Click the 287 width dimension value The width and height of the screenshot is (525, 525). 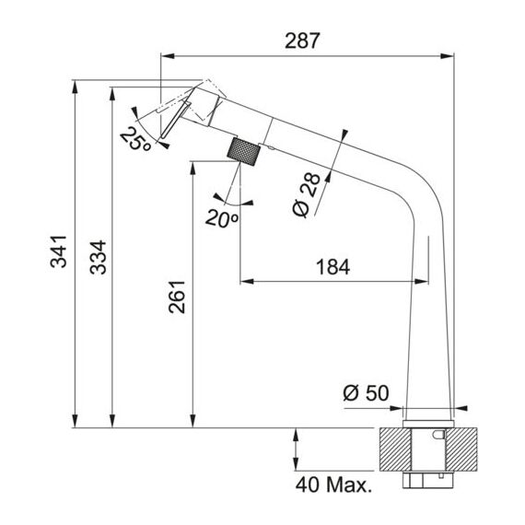(302, 41)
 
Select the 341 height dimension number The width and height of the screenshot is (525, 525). (59, 251)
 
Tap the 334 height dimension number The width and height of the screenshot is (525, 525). (99, 257)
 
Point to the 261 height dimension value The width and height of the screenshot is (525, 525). (177, 297)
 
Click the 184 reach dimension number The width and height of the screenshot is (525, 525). (332, 267)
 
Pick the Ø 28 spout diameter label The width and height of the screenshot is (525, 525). (307, 195)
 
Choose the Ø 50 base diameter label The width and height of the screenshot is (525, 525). (366, 392)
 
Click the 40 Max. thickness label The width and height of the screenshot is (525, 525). (333, 484)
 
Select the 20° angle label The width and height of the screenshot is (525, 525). (222, 218)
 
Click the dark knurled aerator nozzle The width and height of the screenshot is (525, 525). (244, 151)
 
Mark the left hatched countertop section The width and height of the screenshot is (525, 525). (395, 449)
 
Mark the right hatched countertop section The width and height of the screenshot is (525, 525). (462, 449)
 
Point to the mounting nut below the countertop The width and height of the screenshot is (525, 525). (428, 479)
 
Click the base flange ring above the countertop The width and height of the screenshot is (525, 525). (428, 424)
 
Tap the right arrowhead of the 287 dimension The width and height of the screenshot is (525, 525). (447, 56)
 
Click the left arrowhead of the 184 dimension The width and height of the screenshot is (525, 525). (247, 281)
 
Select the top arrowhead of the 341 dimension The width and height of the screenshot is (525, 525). (75, 87)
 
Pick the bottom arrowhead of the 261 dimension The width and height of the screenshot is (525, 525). (192, 421)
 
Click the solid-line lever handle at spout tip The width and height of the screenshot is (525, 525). (175, 120)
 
